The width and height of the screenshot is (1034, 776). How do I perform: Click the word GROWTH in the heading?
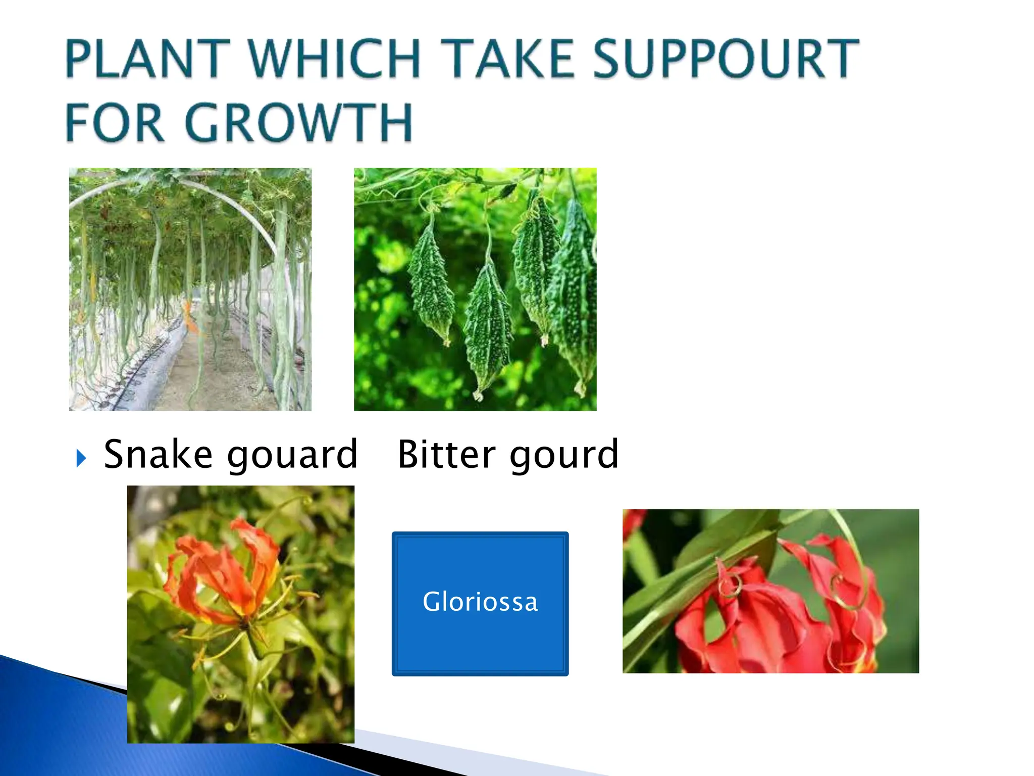(299, 123)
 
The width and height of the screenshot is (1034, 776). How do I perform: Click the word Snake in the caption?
(158, 454)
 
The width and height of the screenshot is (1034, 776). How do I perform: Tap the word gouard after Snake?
(292, 455)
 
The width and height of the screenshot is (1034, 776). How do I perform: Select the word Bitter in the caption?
(446, 454)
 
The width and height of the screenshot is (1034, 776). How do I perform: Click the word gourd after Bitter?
(564, 455)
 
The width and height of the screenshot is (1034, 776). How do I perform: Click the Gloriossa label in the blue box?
(480, 602)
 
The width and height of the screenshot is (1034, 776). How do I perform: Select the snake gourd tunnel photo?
(190, 289)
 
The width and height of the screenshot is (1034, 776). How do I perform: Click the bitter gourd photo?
(475, 289)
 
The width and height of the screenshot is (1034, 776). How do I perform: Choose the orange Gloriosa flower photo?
(240, 614)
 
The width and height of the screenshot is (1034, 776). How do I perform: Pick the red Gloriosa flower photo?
(770, 591)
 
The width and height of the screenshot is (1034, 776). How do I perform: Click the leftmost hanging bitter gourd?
(431, 283)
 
